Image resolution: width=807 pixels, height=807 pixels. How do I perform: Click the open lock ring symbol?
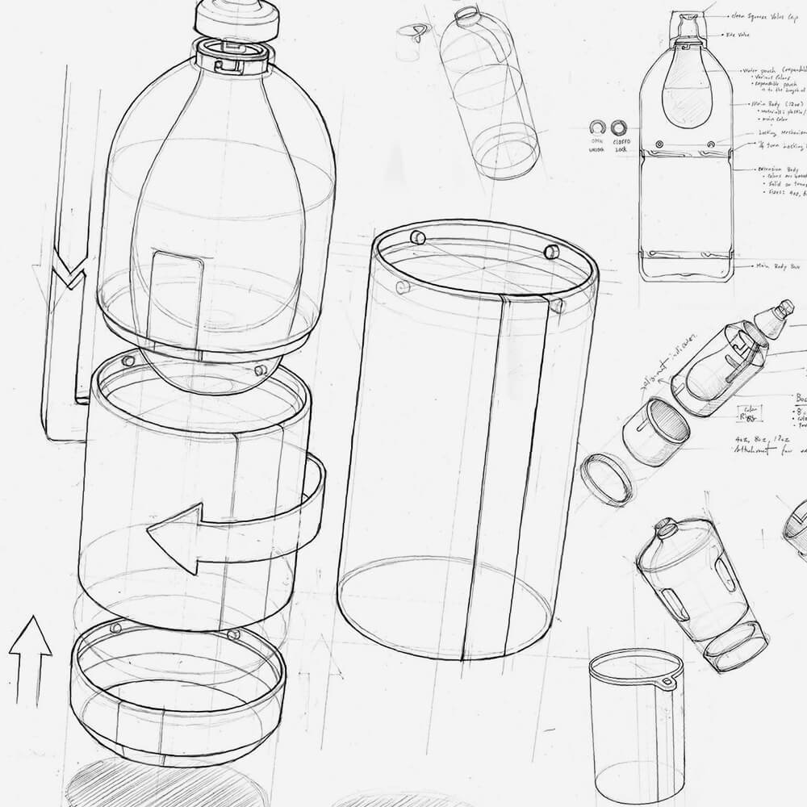596,128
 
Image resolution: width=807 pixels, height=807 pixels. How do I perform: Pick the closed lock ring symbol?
619,128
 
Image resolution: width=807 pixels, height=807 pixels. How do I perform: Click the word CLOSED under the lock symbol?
619,142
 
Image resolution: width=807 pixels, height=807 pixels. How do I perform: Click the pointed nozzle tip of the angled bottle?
784,307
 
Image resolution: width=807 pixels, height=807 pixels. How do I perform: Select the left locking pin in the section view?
660,143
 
